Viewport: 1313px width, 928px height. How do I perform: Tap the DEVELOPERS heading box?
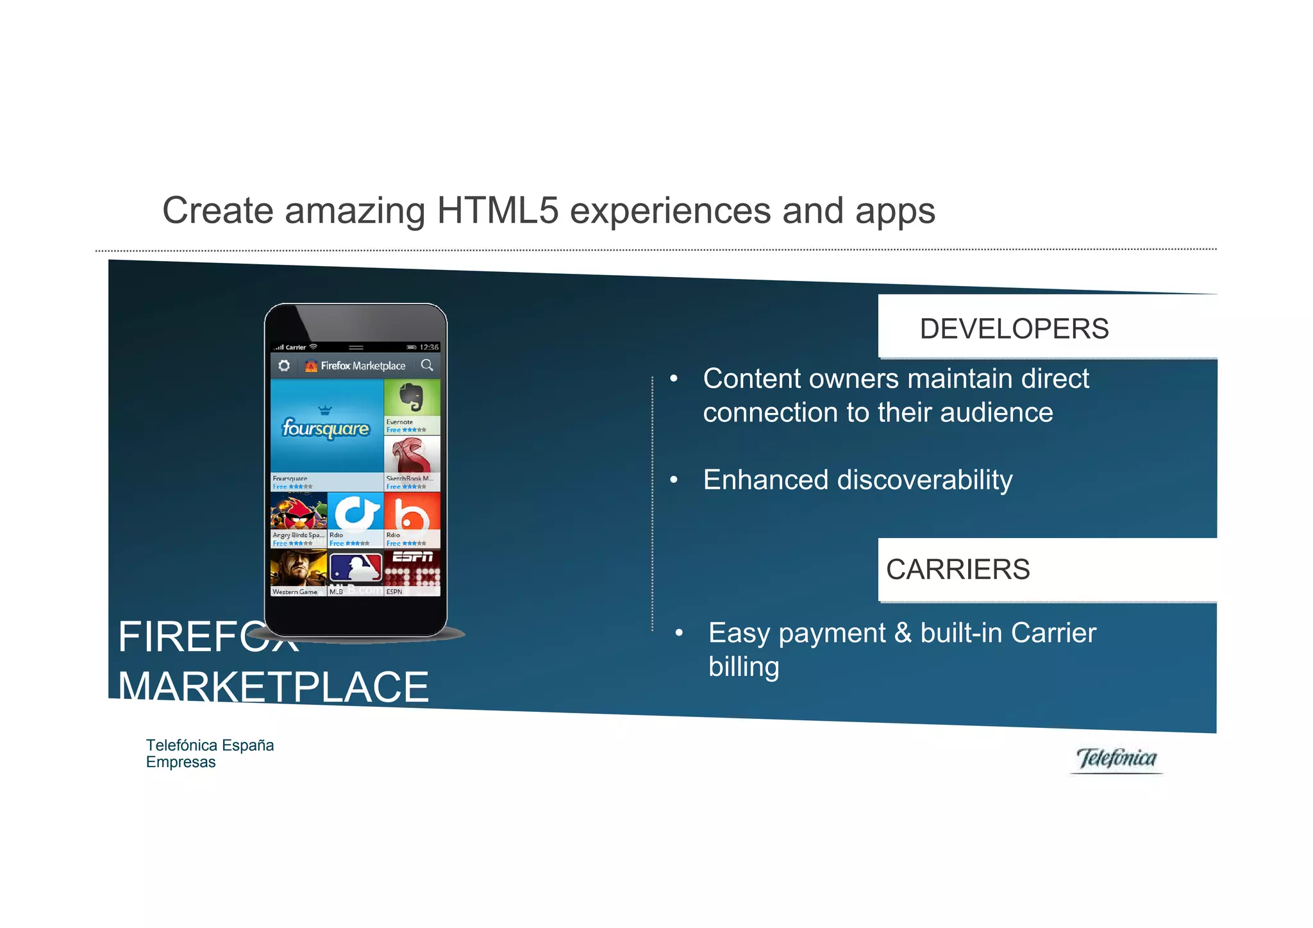[1046, 328]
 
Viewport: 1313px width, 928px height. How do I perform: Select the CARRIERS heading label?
[958, 569]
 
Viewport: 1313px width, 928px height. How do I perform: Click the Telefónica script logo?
[1116, 759]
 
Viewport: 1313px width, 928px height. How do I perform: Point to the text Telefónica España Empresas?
[210, 754]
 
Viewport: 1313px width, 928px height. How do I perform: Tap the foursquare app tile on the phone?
[326, 426]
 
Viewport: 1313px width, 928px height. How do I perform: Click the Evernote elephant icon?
[412, 398]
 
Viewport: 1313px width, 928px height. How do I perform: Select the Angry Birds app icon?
[298, 511]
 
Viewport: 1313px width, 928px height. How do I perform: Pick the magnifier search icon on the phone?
[427, 366]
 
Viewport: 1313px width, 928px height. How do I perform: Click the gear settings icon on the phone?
[284, 366]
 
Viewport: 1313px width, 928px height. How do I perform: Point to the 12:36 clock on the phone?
[429, 347]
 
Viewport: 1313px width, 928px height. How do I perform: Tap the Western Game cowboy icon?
[298, 568]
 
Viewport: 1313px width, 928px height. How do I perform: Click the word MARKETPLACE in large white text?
[273, 687]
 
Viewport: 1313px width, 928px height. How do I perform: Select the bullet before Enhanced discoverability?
[674, 480]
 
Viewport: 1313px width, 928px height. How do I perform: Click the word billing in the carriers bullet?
[744, 667]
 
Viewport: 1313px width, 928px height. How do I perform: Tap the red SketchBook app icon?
[412, 455]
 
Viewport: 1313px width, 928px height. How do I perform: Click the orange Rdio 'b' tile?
[412, 512]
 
